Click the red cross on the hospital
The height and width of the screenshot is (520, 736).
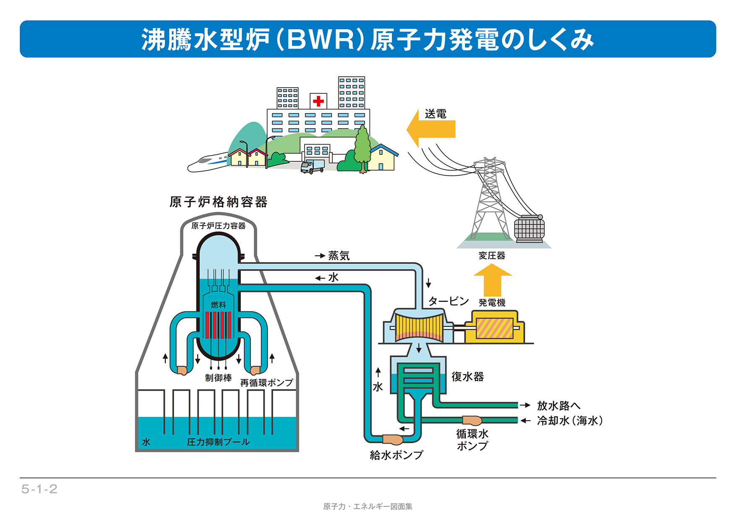pyautogui.click(x=318, y=101)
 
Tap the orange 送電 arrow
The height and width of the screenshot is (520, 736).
pyautogui.click(x=432, y=129)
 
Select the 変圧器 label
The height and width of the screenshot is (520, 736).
pyautogui.click(x=492, y=255)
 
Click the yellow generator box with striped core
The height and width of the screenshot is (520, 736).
pyautogui.click(x=495, y=328)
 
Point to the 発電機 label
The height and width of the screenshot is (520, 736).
pyautogui.click(x=492, y=302)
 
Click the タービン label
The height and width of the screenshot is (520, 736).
pyautogui.click(x=448, y=301)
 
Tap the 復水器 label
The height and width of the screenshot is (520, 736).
pyautogui.click(x=467, y=377)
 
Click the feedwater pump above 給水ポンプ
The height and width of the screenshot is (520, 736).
pyautogui.click(x=392, y=439)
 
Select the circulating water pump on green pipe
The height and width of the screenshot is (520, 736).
pyautogui.click(x=472, y=420)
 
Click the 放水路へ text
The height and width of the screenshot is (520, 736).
pyautogui.click(x=559, y=406)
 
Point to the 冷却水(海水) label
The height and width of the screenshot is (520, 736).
pyautogui.click(x=569, y=421)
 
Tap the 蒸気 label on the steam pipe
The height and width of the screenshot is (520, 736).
pyautogui.click(x=339, y=255)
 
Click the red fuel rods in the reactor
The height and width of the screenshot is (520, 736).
pyautogui.click(x=218, y=325)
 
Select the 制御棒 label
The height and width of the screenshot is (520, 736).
pyautogui.click(x=218, y=378)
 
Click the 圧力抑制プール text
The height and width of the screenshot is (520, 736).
pyautogui.click(x=218, y=442)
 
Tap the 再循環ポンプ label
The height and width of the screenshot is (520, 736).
pyautogui.click(x=266, y=382)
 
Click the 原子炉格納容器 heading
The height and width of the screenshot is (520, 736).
pyautogui.click(x=218, y=202)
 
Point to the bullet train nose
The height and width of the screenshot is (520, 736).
pyautogui.click(x=193, y=167)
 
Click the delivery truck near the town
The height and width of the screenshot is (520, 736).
pyautogui.click(x=312, y=166)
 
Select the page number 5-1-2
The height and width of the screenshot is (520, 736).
pyautogui.click(x=39, y=489)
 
